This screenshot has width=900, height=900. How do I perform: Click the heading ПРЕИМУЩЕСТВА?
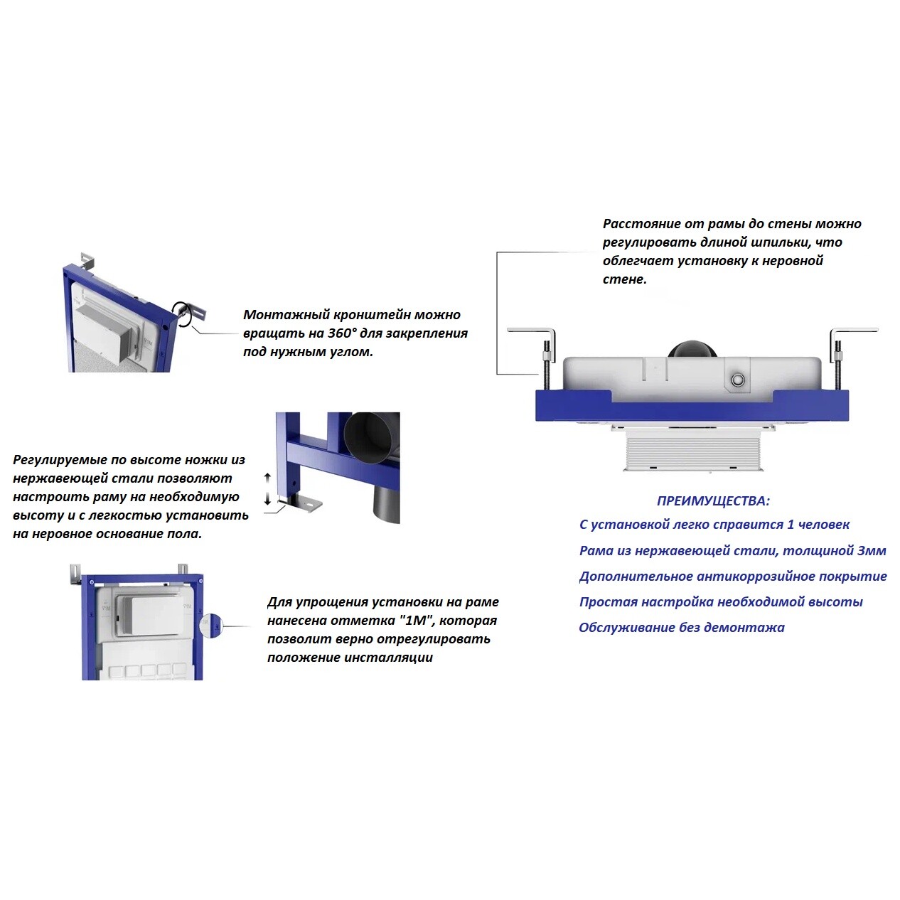[x=713, y=501]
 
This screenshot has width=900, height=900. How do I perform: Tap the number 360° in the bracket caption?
[x=342, y=333]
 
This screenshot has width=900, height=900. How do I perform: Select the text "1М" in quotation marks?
[x=417, y=621]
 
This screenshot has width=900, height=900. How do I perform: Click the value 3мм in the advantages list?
[x=872, y=551]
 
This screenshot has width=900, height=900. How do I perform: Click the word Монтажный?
[x=279, y=315]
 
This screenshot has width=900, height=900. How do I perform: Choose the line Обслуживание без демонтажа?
[x=682, y=627]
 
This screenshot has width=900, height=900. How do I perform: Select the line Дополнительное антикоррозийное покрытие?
[x=733, y=577]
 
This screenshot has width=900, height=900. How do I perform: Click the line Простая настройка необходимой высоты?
[x=721, y=601]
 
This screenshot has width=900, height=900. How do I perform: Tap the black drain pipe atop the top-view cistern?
[x=692, y=349]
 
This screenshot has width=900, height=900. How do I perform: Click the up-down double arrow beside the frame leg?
[x=267, y=488]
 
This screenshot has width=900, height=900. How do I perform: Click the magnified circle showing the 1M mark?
[x=211, y=626]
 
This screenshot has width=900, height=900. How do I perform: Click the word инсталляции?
[x=389, y=658]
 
